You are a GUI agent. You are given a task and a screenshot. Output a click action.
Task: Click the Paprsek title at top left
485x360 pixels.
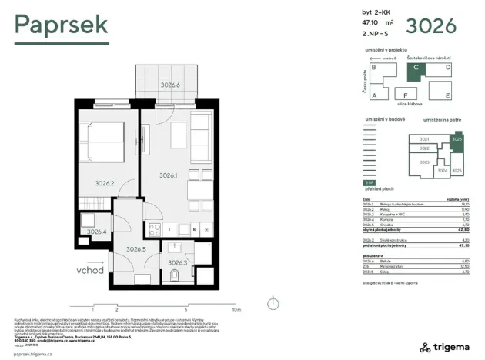point(62,25)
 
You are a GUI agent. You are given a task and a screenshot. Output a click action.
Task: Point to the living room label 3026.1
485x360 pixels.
point(168,175)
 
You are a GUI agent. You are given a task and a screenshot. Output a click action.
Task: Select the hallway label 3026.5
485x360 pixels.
point(136,248)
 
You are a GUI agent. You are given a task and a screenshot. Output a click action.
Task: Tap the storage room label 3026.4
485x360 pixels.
point(96,231)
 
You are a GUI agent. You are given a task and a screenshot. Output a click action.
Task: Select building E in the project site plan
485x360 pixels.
point(447,95)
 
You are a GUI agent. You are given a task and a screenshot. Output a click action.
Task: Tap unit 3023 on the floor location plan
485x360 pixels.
point(424,162)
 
